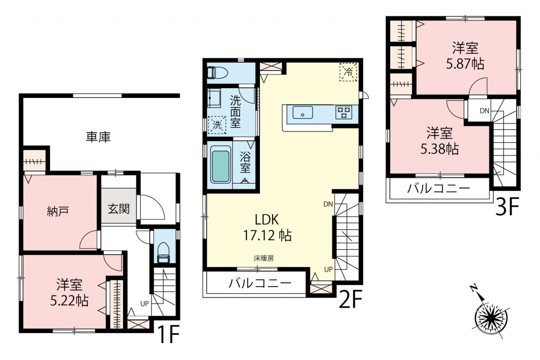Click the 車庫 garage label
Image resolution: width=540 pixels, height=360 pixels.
[98, 137]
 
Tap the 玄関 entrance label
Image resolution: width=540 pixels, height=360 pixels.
[119, 208]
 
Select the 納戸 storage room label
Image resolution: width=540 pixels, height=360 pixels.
[58, 211]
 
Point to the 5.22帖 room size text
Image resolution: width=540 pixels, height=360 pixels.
[69, 300]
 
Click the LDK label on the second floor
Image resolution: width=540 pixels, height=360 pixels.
[267, 219]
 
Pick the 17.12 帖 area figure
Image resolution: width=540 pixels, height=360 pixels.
[267, 235]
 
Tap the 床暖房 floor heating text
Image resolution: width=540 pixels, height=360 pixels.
[264, 258]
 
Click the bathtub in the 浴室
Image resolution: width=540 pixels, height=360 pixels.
[220, 167]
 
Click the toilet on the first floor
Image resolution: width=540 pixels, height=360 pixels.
[163, 252]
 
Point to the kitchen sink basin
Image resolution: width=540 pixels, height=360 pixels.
[303, 112]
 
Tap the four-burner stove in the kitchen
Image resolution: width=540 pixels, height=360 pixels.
[344, 112]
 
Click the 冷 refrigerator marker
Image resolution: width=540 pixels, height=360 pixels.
[348, 72]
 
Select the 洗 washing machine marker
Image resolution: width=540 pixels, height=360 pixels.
[217, 125]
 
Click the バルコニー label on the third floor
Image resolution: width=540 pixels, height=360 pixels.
[438, 189]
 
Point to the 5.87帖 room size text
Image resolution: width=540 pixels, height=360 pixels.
[465, 64]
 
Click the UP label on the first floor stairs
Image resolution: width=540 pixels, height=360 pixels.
[145, 304]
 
